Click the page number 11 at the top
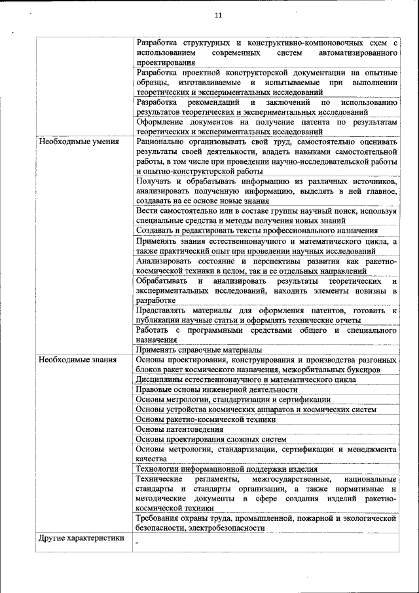tap(218, 16)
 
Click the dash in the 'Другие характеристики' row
tap(137, 543)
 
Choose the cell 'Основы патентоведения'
tap(179, 429)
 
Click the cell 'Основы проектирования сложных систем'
tap(211, 439)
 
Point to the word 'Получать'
tap(155, 181)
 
